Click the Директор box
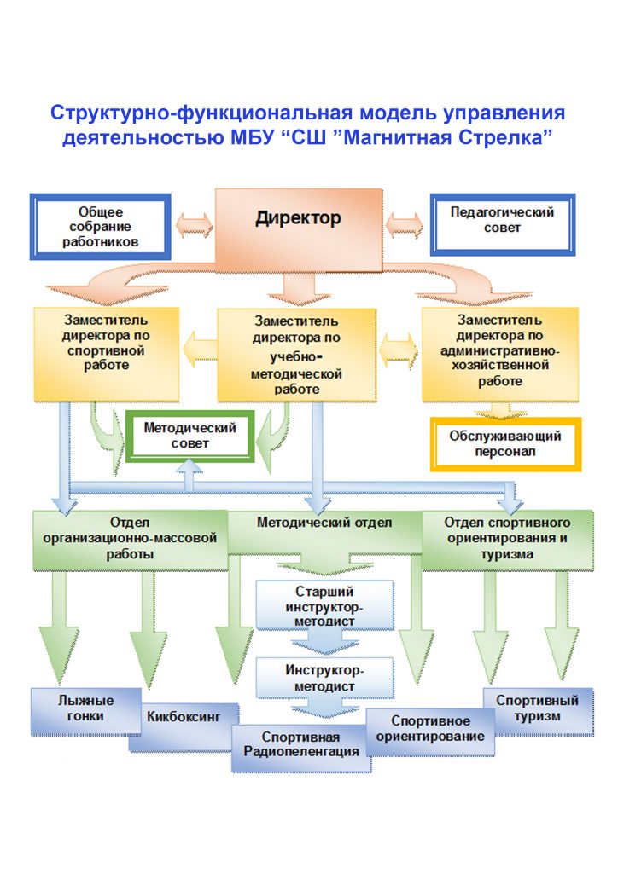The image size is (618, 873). click(x=299, y=230)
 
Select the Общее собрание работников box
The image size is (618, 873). click(x=101, y=227)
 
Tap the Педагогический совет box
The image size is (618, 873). click(x=502, y=224)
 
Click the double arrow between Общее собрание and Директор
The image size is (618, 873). click(x=194, y=225)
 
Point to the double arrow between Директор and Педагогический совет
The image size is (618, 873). click(x=405, y=225)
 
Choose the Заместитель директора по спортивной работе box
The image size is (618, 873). click(x=107, y=354)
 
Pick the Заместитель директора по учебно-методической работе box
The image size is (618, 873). click(x=296, y=356)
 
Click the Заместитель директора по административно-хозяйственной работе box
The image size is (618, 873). click(x=500, y=354)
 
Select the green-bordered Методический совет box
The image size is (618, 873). click(x=190, y=436)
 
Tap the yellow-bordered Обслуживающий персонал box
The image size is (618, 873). click(x=505, y=444)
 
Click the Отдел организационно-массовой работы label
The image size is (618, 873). click(x=130, y=539)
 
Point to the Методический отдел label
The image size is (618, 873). click(x=324, y=523)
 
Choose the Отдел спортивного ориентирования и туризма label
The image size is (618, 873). click(x=507, y=539)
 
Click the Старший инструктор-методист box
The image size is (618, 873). click(x=325, y=605)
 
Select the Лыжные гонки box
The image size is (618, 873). click(x=86, y=711)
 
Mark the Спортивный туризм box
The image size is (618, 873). click(x=538, y=711)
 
